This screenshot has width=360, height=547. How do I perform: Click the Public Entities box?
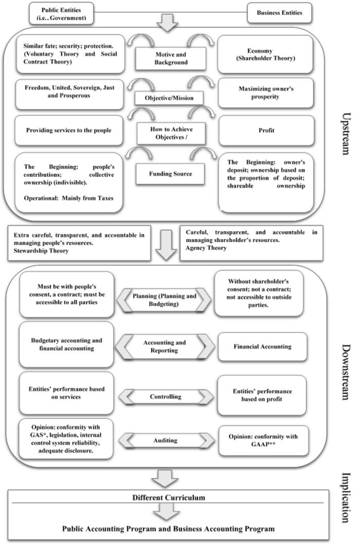tap(61, 13)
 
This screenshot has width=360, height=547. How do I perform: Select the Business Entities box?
tap(279, 13)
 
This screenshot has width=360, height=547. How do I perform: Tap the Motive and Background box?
tap(171, 59)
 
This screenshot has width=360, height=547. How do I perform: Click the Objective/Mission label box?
tap(169, 98)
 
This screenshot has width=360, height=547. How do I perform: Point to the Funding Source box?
tap(170, 174)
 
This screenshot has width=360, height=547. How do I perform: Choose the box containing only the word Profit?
tap(266, 131)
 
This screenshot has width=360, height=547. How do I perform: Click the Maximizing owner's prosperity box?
tap(266, 93)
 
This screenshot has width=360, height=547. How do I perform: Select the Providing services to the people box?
tap(69, 131)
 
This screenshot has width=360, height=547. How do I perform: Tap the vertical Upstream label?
tap(345, 134)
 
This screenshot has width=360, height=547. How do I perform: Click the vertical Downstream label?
tap(345, 372)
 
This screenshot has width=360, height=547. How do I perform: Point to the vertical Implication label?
tap(345, 498)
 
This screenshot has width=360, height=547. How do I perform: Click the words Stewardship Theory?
tap(41, 251)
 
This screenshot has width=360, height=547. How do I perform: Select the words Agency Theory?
tap(206, 248)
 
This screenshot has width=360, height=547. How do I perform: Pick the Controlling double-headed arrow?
tap(166, 397)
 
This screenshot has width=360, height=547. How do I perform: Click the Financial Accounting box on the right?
tap(262, 347)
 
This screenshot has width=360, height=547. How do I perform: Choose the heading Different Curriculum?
tap(169, 498)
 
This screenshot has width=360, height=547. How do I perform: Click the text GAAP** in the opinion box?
tap(263, 444)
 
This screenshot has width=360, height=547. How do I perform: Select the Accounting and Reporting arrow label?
tap(164, 347)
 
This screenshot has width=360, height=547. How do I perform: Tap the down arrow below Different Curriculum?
tap(167, 512)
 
